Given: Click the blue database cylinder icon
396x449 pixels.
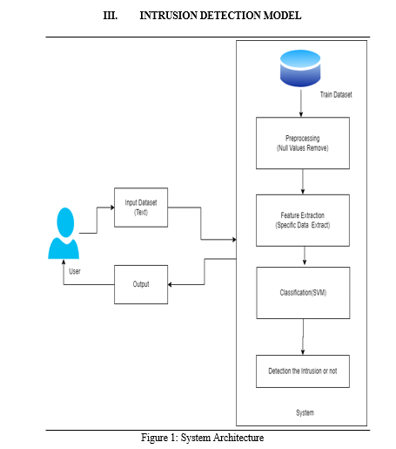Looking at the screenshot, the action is click(300, 68).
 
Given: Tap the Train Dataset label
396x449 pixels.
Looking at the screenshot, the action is click(336, 95).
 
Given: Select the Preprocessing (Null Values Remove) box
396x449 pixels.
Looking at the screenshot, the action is click(303, 143).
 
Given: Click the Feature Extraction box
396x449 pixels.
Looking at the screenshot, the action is click(303, 221).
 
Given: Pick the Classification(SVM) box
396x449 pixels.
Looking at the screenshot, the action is click(303, 293).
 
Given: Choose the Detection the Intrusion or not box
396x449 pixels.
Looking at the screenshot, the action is click(303, 371).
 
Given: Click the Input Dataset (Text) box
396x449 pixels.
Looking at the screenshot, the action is click(141, 207).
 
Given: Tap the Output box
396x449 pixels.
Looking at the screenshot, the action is click(141, 284).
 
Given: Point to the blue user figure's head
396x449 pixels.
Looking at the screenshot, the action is click(65, 222).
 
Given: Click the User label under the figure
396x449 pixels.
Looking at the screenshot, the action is click(75, 271).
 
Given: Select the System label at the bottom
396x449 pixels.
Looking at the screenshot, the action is click(305, 412).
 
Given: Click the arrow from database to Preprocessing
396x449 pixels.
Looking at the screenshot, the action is click(301, 103).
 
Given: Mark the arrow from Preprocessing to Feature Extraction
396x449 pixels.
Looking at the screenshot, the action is click(303, 181).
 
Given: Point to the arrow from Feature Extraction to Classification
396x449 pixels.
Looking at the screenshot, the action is click(305, 255).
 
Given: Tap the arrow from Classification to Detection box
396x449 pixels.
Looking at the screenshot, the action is click(303, 337).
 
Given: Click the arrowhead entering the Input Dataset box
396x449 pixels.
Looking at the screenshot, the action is click(112, 207).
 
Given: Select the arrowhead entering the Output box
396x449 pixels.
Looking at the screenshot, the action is click(170, 284).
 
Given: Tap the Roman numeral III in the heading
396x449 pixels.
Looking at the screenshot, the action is click(111, 16).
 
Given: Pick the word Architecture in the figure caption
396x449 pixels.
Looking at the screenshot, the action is click(238, 438).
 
